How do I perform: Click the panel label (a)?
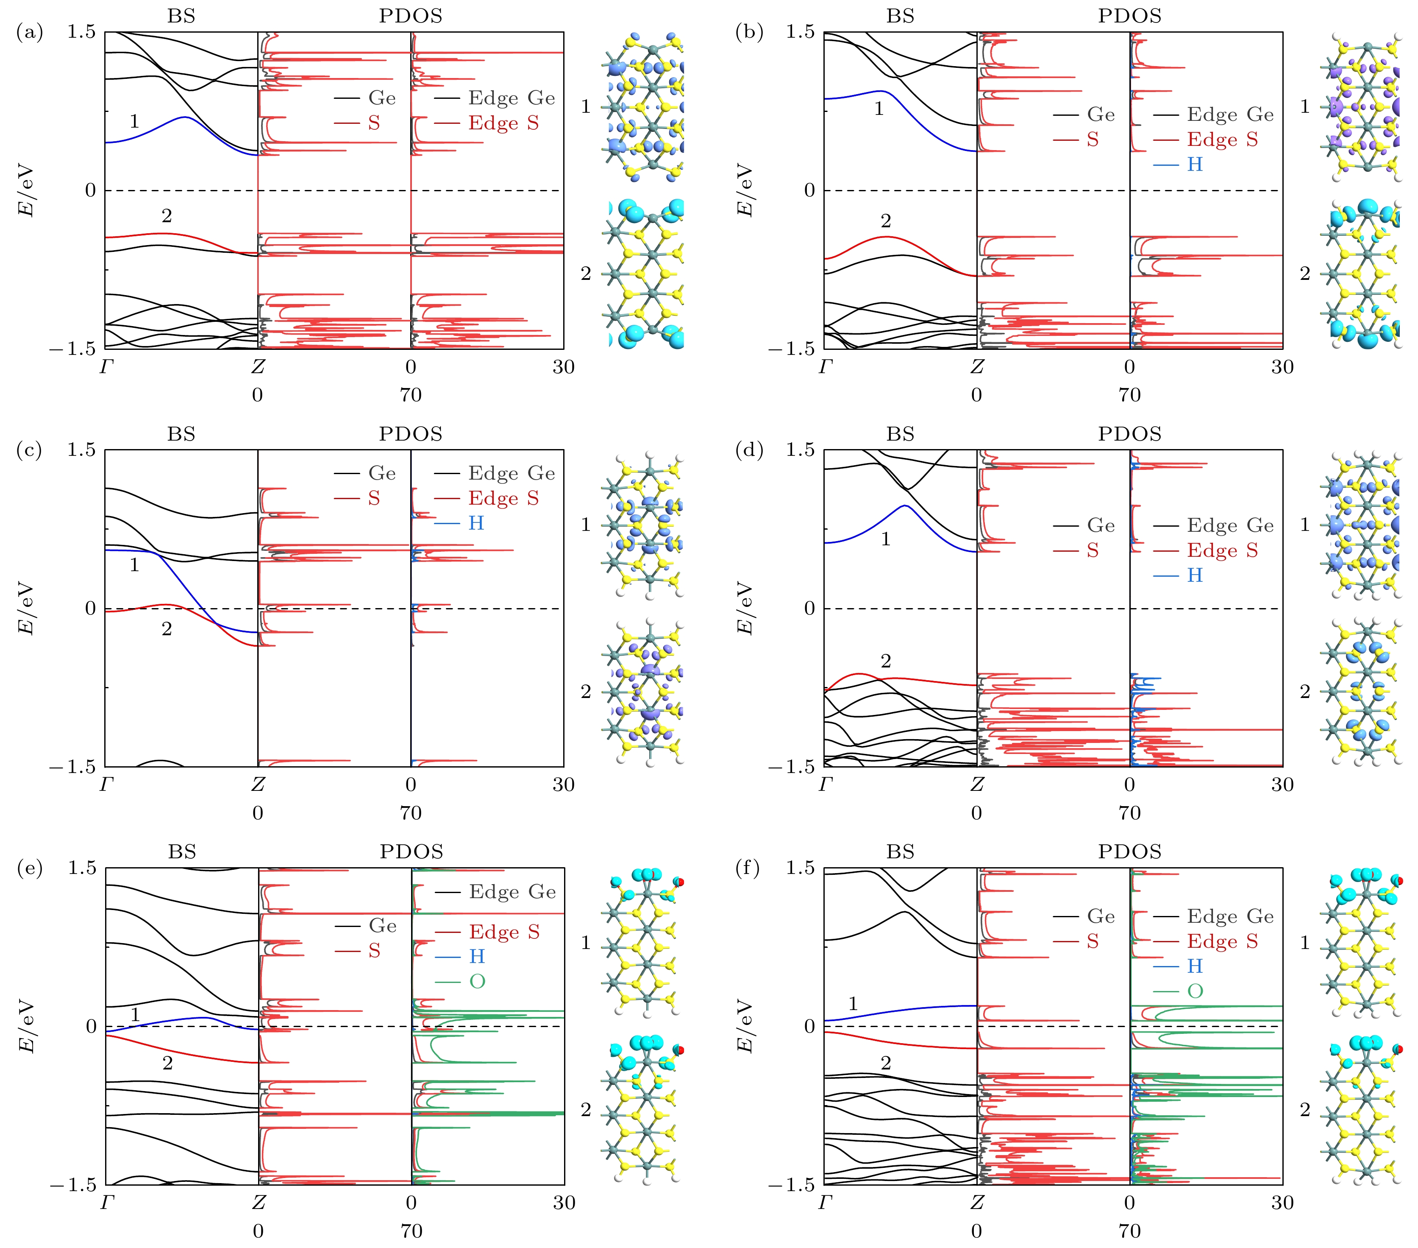pos(29,32)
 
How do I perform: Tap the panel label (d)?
pos(748,450)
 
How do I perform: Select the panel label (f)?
pos(748,868)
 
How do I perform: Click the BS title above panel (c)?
pos(181,434)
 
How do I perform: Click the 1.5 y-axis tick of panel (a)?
pos(82,32)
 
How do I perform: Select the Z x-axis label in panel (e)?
pos(258,1203)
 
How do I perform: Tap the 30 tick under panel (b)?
pos(1282,367)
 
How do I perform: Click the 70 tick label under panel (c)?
pos(411,813)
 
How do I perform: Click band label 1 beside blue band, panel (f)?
pos(853,1004)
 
